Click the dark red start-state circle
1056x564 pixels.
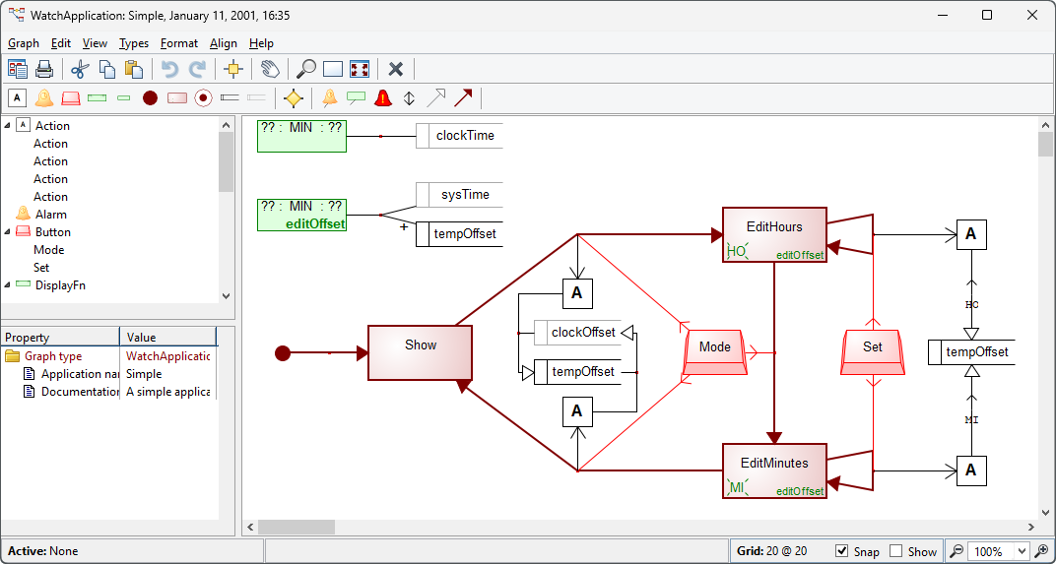(x=283, y=352)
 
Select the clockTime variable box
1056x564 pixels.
(x=464, y=136)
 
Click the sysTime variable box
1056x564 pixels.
(x=464, y=195)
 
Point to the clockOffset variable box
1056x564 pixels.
(x=582, y=333)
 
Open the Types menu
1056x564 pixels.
(x=134, y=43)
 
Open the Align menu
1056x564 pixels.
(x=224, y=43)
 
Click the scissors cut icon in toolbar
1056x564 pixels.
(x=80, y=69)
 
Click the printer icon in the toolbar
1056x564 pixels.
(x=44, y=69)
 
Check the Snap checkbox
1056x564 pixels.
(x=842, y=551)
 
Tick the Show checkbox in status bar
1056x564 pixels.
(x=895, y=551)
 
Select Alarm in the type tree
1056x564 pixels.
(x=51, y=215)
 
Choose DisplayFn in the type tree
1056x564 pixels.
(x=60, y=285)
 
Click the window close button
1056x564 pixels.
(x=1031, y=15)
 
